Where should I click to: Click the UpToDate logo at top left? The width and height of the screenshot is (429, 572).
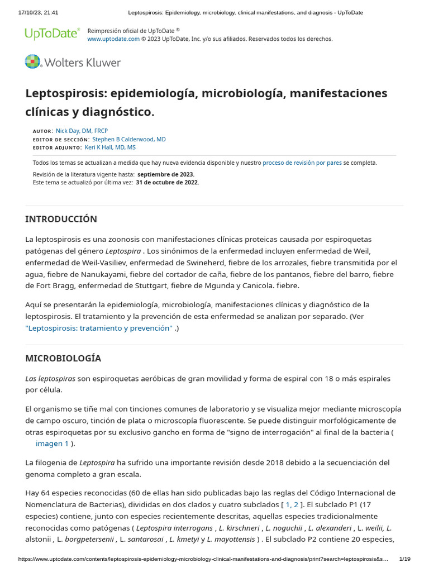52,34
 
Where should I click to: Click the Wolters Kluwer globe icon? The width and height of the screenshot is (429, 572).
33,62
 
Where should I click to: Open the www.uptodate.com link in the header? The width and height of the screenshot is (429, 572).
113,39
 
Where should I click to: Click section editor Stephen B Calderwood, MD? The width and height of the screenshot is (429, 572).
128,139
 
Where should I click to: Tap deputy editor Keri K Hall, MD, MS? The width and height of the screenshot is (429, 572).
109,147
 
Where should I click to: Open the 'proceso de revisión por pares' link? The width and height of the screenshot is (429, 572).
302,163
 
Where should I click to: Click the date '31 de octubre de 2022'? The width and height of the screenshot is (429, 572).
167,182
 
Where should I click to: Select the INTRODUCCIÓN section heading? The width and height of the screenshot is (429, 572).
61,219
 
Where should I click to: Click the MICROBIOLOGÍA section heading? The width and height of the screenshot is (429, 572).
63,358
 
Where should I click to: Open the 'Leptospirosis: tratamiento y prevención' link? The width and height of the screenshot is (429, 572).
99,328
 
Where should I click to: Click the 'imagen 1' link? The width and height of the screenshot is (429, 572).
52,444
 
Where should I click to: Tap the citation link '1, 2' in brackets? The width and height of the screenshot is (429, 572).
292,504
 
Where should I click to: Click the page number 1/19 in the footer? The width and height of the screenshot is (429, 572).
405,559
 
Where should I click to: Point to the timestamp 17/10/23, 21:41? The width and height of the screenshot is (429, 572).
38,12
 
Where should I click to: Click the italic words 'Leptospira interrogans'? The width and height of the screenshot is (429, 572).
174,528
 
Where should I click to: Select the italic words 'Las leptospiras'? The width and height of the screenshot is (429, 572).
50,378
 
